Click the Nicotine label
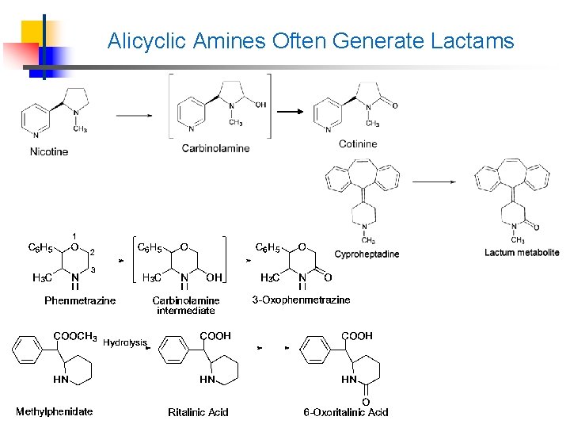[49, 151]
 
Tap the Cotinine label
[358, 143]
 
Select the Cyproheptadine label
[367, 254]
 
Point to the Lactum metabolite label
[522, 252]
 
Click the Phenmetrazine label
[80, 300]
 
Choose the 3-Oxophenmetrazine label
[301, 300]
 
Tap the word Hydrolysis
[124, 342]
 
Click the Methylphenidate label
[54, 411]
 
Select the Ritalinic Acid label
[198, 411]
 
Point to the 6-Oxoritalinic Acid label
[346, 412]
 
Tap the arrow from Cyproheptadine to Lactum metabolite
[433, 182]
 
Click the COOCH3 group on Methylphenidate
[75, 336]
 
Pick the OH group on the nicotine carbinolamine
[261, 104]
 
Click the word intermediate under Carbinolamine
[186, 311]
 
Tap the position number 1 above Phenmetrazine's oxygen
[74, 235]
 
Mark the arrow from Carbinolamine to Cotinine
[289, 112]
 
